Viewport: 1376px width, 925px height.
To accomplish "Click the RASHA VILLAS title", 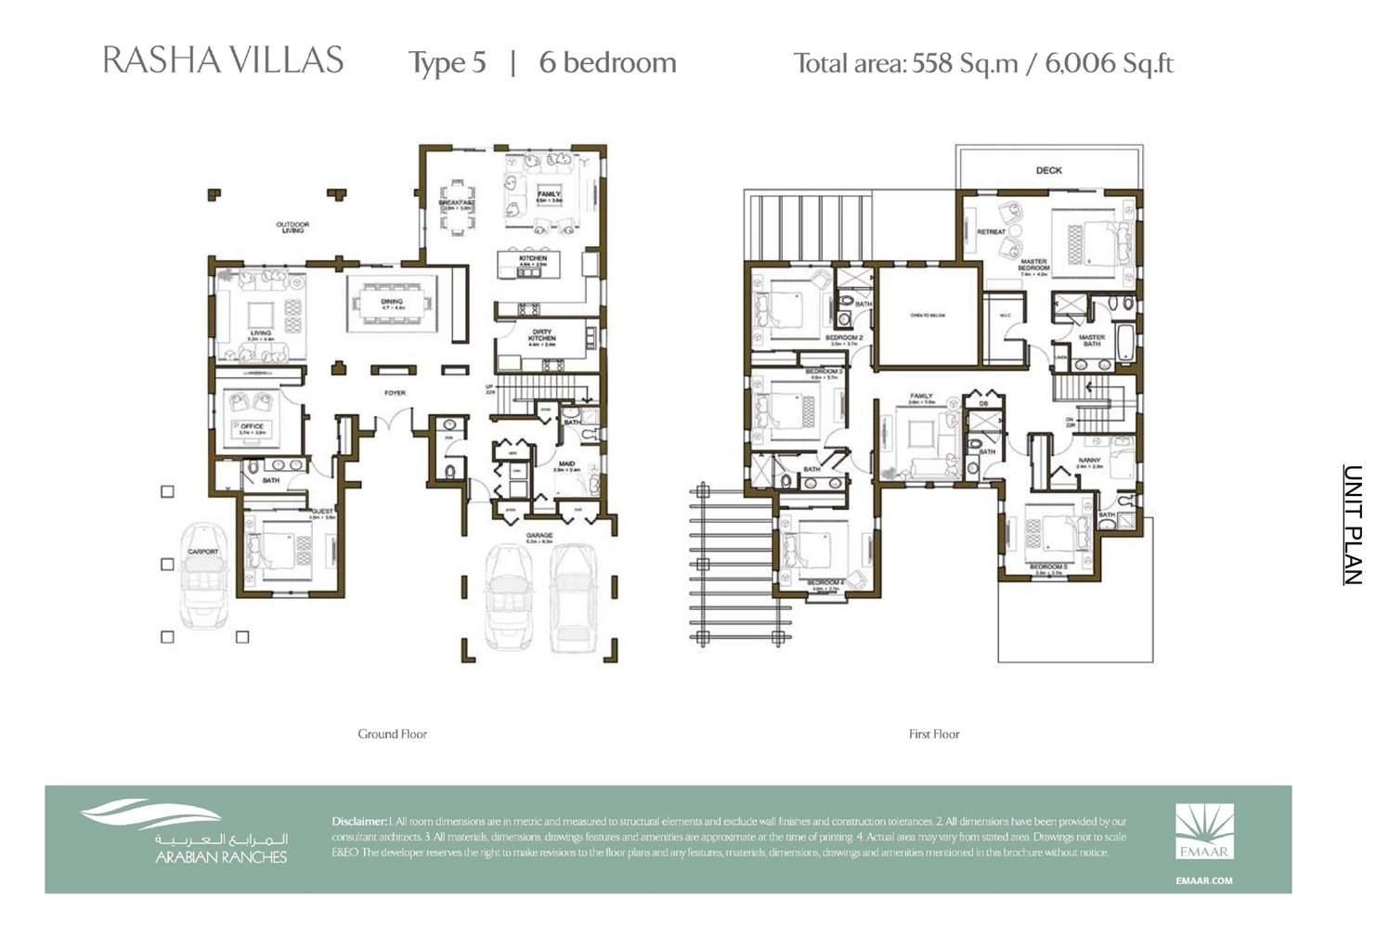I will [223, 60].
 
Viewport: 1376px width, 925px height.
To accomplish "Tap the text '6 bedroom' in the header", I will [607, 62].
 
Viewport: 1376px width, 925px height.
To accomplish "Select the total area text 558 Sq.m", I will [966, 63].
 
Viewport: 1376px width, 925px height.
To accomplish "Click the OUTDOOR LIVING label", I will [292, 227].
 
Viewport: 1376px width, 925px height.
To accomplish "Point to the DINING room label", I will [392, 303].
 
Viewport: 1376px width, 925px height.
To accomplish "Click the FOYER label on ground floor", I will [396, 393].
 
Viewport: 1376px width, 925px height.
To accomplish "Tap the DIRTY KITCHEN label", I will [542, 335].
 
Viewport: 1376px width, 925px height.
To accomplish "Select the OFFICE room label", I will [252, 427].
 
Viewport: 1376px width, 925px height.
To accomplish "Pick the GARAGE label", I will [539, 536].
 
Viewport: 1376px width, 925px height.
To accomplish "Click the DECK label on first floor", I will [1048, 171].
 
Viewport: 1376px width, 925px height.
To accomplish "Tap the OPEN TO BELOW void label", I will [928, 316].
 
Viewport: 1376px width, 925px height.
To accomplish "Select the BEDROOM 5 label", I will [1047, 567].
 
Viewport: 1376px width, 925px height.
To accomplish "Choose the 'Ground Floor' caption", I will [392, 734].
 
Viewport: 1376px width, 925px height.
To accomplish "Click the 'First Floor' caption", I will [933, 734].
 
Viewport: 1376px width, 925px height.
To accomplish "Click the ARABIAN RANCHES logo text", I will [221, 857].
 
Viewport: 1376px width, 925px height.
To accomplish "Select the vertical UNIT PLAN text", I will [1353, 525].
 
